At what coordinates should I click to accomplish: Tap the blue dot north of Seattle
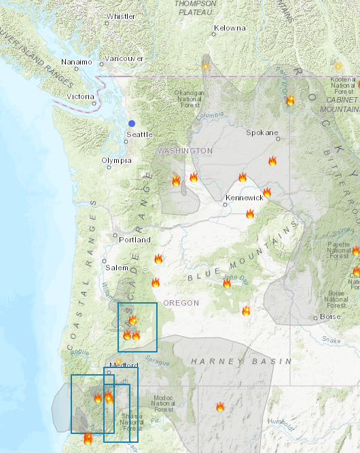tap(132, 123)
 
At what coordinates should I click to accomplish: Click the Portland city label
tap(134, 240)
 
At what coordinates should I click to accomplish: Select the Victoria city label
tap(81, 96)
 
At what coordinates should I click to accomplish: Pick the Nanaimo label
tap(76, 62)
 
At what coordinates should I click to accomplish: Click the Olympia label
tap(115, 161)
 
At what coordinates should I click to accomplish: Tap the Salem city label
tap(117, 268)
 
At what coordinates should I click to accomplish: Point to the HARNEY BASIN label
tap(241, 361)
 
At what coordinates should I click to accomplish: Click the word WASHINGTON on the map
tap(185, 150)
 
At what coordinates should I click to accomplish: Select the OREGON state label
tap(181, 303)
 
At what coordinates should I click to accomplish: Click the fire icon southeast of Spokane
tap(272, 161)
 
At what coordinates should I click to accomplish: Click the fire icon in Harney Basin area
tap(219, 407)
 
